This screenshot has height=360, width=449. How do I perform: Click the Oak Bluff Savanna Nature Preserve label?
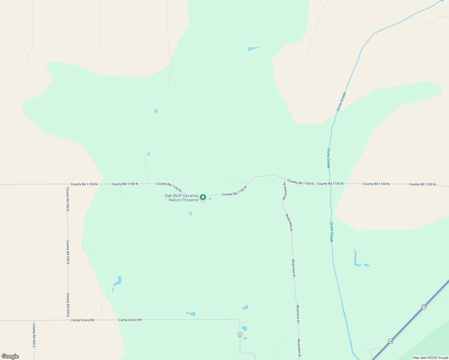(x=182, y=198)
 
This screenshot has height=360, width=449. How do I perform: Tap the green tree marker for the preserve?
(x=203, y=197)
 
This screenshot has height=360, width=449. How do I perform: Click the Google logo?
(x=10, y=356)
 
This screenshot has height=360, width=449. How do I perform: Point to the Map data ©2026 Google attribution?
(x=430, y=358)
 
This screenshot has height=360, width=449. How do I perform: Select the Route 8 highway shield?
(x=240, y=334)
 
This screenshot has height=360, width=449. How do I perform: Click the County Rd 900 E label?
(x=34, y=335)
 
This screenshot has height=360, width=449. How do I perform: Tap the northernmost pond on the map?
(x=253, y=48)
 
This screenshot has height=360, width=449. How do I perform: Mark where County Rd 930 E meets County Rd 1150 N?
(x=68, y=184)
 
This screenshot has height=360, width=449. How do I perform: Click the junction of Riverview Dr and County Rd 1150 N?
(x=284, y=178)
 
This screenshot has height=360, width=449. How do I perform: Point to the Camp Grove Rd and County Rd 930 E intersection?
(x=68, y=320)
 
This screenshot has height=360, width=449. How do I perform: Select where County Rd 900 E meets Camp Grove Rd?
(x=34, y=320)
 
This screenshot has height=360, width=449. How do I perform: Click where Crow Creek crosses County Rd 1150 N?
(x=330, y=184)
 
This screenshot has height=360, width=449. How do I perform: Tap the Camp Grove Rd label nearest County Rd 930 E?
(x=83, y=320)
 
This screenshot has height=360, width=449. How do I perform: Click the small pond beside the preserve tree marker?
(x=210, y=199)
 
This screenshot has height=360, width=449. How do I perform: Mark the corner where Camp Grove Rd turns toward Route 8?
(x=239, y=320)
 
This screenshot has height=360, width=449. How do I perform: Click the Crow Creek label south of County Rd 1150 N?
(x=331, y=232)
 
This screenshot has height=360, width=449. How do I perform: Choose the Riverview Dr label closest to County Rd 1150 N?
(x=285, y=191)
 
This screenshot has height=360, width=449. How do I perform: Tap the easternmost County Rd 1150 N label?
(x=422, y=184)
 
